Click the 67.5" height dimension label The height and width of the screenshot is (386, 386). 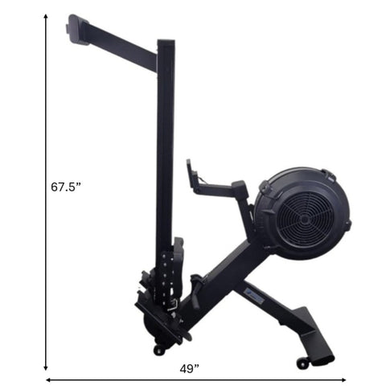click(66, 187)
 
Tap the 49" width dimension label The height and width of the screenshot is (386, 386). click(190, 369)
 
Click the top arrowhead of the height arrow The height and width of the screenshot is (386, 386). click(46, 16)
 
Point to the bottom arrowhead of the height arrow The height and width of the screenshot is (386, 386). click(46, 368)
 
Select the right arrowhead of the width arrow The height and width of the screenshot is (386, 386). click(343, 380)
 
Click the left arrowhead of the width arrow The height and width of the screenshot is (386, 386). click(48, 380)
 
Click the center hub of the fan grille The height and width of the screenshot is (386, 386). click(304, 220)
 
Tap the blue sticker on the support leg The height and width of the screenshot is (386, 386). click(255, 297)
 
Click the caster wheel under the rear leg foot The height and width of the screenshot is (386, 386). click(302, 363)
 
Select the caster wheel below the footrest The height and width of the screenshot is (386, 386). click(158, 351)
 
